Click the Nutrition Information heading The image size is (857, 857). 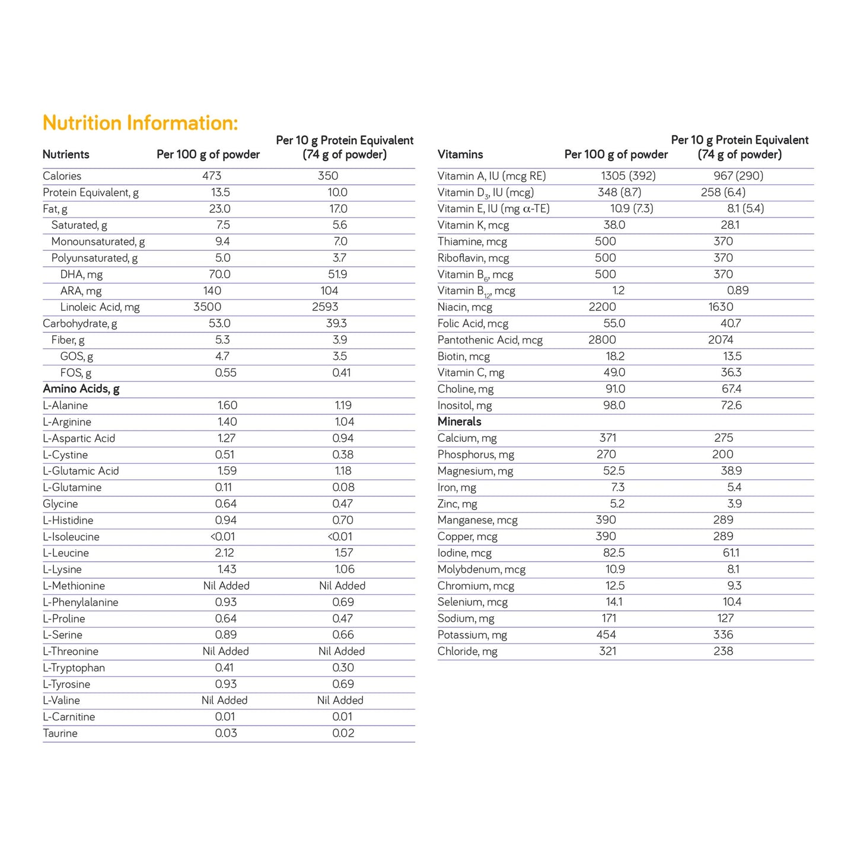click(140, 123)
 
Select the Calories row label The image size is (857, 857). click(62, 176)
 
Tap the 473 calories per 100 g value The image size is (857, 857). click(212, 176)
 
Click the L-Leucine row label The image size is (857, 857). click(66, 553)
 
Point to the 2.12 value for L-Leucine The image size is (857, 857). click(225, 553)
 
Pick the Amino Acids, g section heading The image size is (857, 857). click(81, 389)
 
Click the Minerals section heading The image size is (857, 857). click(460, 422)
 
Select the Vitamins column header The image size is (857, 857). click(460, 155)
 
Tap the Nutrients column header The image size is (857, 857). click(66, 155)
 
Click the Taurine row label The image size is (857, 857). click(60, 734)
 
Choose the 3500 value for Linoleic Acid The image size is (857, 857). click(208, 307)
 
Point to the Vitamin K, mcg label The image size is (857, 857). click(473, 225)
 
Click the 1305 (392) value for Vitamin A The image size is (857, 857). click(628, 176)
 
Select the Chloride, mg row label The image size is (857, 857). click(467, 651)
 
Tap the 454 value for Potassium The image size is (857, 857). click(606, 635)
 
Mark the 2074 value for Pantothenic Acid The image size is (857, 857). click(721, 340)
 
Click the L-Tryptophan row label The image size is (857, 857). click(74, 668)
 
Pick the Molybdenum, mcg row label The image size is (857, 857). click(482, 569)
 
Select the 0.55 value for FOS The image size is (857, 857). click(225, 373)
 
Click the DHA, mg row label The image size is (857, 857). click(81, 275)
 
